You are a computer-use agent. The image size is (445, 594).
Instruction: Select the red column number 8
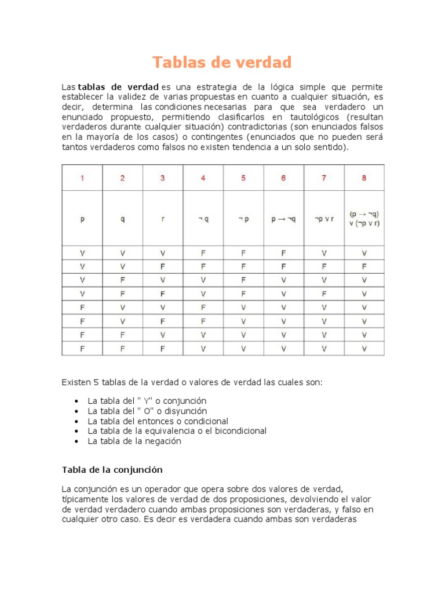tap(364, 178)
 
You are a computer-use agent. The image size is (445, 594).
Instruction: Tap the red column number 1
tap(82, 178)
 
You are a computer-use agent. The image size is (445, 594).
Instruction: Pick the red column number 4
tap(203, 178)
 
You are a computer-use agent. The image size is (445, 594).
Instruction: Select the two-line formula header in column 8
tap(364, 219)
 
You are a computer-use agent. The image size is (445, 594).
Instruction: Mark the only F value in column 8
tap(364, 265)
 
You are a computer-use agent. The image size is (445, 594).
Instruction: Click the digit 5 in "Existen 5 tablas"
tap(96, 382)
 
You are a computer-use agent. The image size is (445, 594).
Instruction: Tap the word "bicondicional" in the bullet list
tap(240, 431)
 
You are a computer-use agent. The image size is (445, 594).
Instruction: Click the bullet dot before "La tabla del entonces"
tap(77, 421)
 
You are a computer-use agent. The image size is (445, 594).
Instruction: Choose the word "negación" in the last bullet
tap(163, 441)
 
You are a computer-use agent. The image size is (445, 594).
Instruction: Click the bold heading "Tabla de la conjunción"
tap(112, 469)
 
